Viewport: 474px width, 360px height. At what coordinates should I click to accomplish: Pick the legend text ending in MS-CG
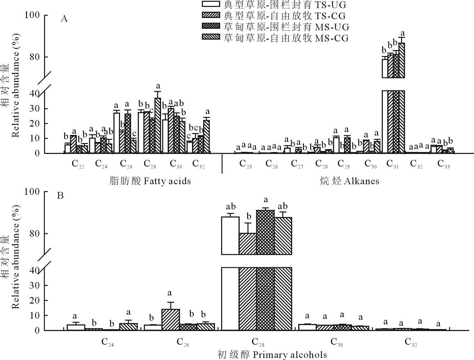point(286,38)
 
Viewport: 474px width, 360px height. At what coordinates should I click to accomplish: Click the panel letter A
point(64,19)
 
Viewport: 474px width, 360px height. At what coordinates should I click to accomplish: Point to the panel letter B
point(61,195)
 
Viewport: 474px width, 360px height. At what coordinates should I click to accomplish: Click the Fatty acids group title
point(150,181)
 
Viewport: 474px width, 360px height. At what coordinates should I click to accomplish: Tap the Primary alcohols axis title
point(272,355)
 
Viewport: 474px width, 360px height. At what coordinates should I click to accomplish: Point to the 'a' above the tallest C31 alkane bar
point(403,32)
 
